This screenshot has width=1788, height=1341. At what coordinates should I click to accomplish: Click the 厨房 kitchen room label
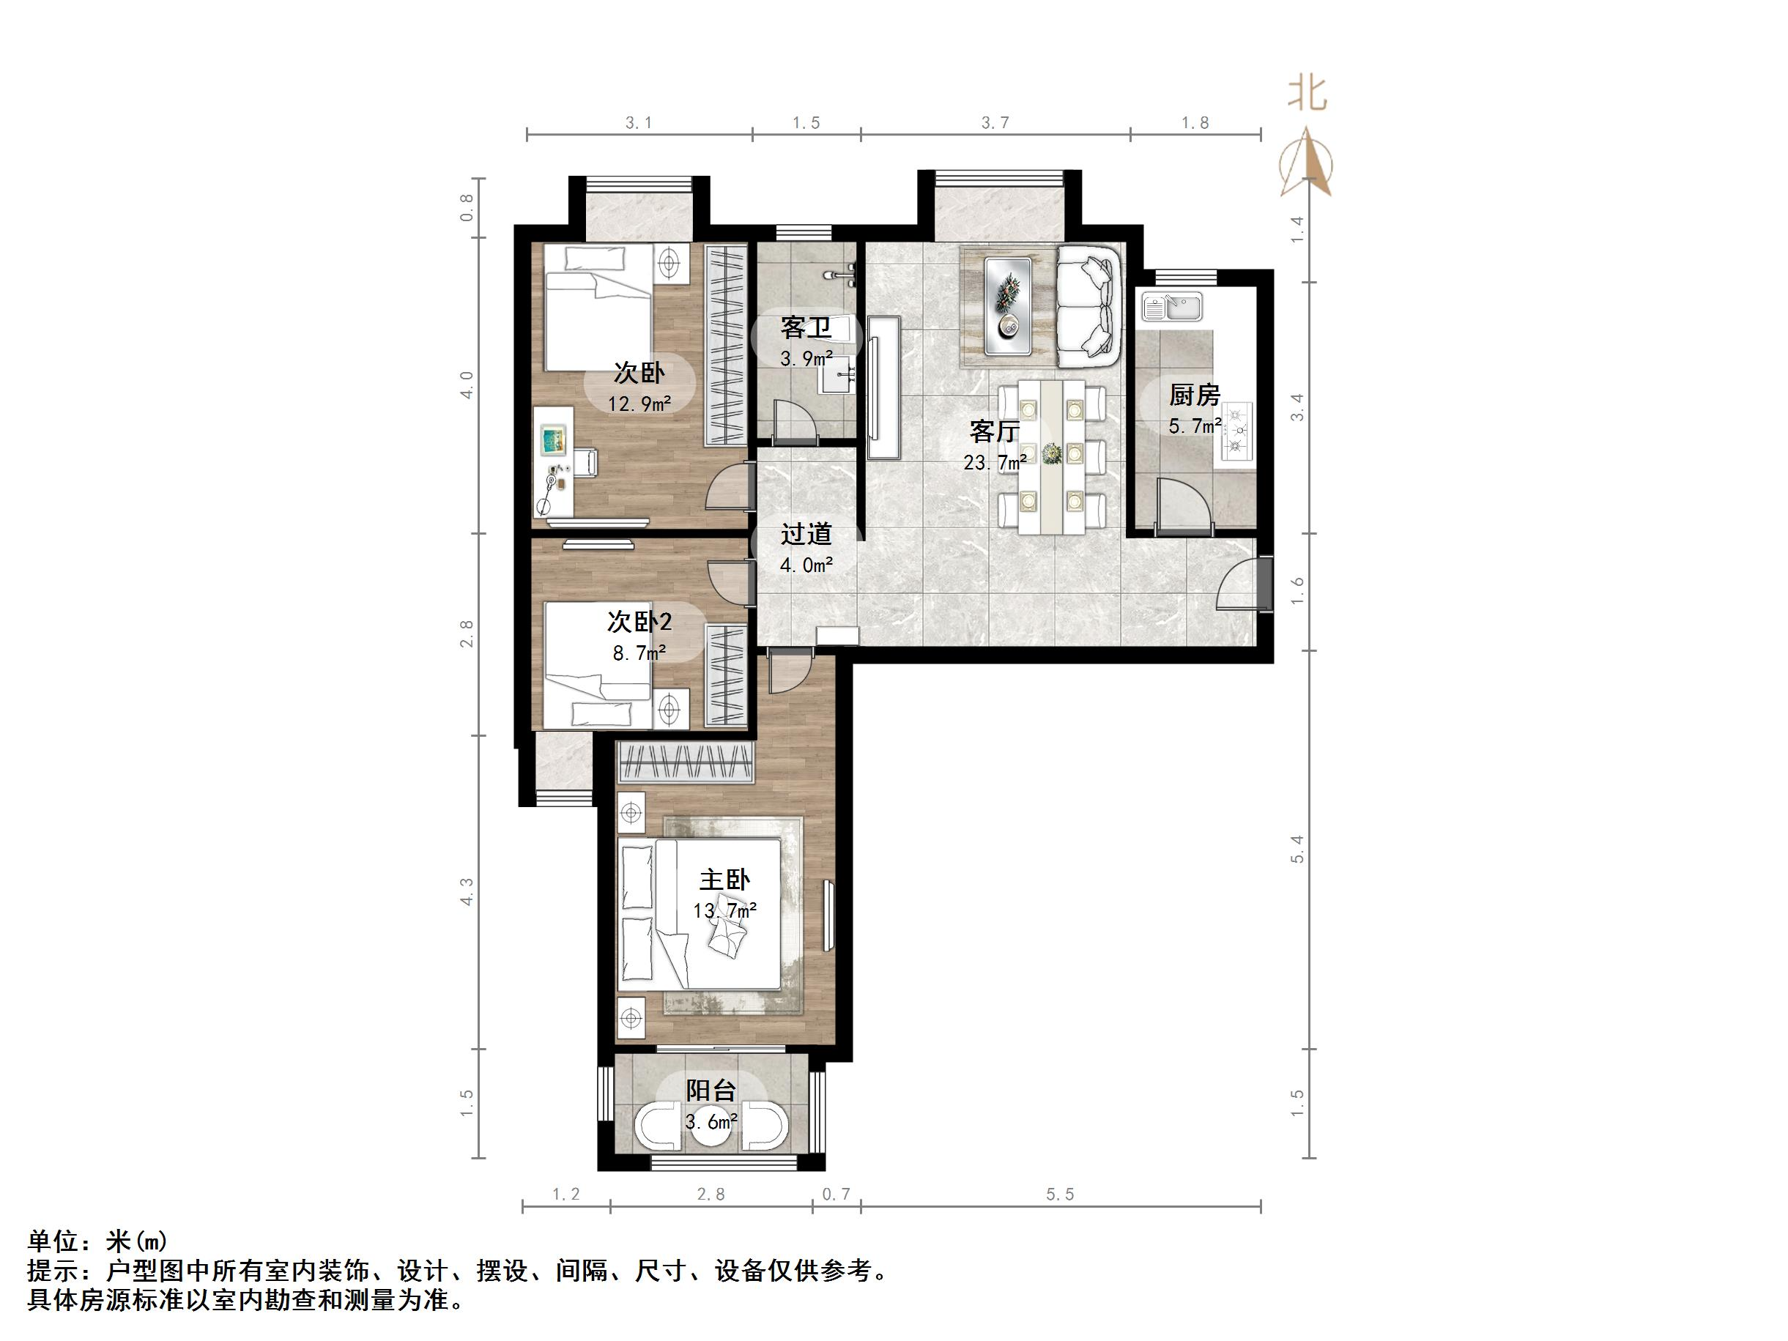pos(1194,395)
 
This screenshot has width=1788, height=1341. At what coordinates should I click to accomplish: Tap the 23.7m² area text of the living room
pos(994,462)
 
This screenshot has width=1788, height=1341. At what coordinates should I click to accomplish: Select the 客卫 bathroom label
pos(806,328)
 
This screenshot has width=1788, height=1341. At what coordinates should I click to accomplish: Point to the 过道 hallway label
pos(806,535)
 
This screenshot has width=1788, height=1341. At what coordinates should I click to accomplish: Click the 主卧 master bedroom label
pos(724,880)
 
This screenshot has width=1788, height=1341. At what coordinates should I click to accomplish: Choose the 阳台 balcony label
pos(711,1091)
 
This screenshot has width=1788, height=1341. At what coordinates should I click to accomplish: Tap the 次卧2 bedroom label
pos(639,622)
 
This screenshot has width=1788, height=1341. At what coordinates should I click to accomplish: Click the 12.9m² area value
pos(639,404)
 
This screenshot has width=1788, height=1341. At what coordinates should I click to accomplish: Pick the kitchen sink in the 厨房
pos(1171,307)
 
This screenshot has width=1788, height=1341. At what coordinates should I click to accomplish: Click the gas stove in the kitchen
pos(1236,431)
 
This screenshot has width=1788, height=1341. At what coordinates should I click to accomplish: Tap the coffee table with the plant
pos(1008,305)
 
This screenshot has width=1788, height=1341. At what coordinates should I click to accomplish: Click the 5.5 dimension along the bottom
pos(1060,1195)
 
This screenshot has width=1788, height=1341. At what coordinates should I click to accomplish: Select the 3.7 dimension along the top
pos(995,123)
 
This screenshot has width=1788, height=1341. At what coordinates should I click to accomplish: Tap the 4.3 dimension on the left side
pos(467,891)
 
